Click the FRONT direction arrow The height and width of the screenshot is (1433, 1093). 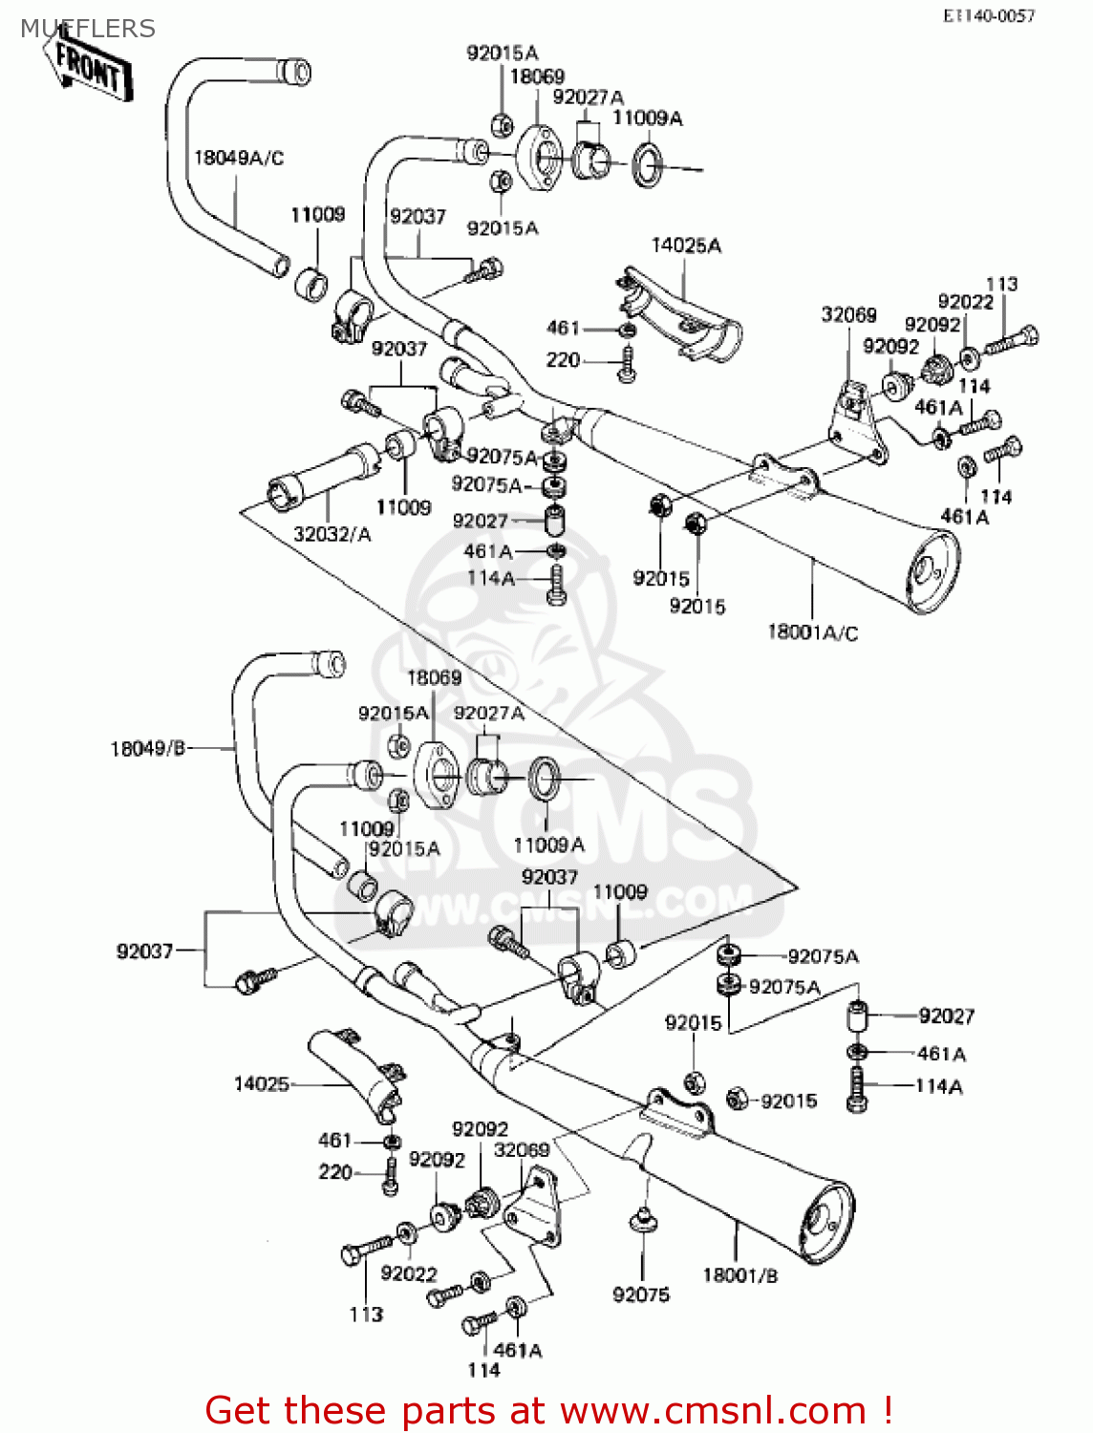pos(88,68)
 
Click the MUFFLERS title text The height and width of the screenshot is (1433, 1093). pos(87,29)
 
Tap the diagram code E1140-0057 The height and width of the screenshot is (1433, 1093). pos(989,15)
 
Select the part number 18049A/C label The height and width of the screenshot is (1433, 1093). pos(239,158)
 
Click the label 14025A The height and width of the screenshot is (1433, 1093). pos(686,246)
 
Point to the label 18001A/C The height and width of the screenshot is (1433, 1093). pos(812,632)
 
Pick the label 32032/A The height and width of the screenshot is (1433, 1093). pos(332,534)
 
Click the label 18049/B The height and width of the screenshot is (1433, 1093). pos(147,748)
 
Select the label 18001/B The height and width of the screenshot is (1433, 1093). pos(739,1274)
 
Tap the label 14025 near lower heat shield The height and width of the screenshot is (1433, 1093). pos(261,1083)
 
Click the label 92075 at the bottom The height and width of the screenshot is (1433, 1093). pos(641,1294)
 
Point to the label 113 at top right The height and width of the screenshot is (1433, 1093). pos(1001,284)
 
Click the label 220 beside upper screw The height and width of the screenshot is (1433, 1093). pos(563,360)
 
